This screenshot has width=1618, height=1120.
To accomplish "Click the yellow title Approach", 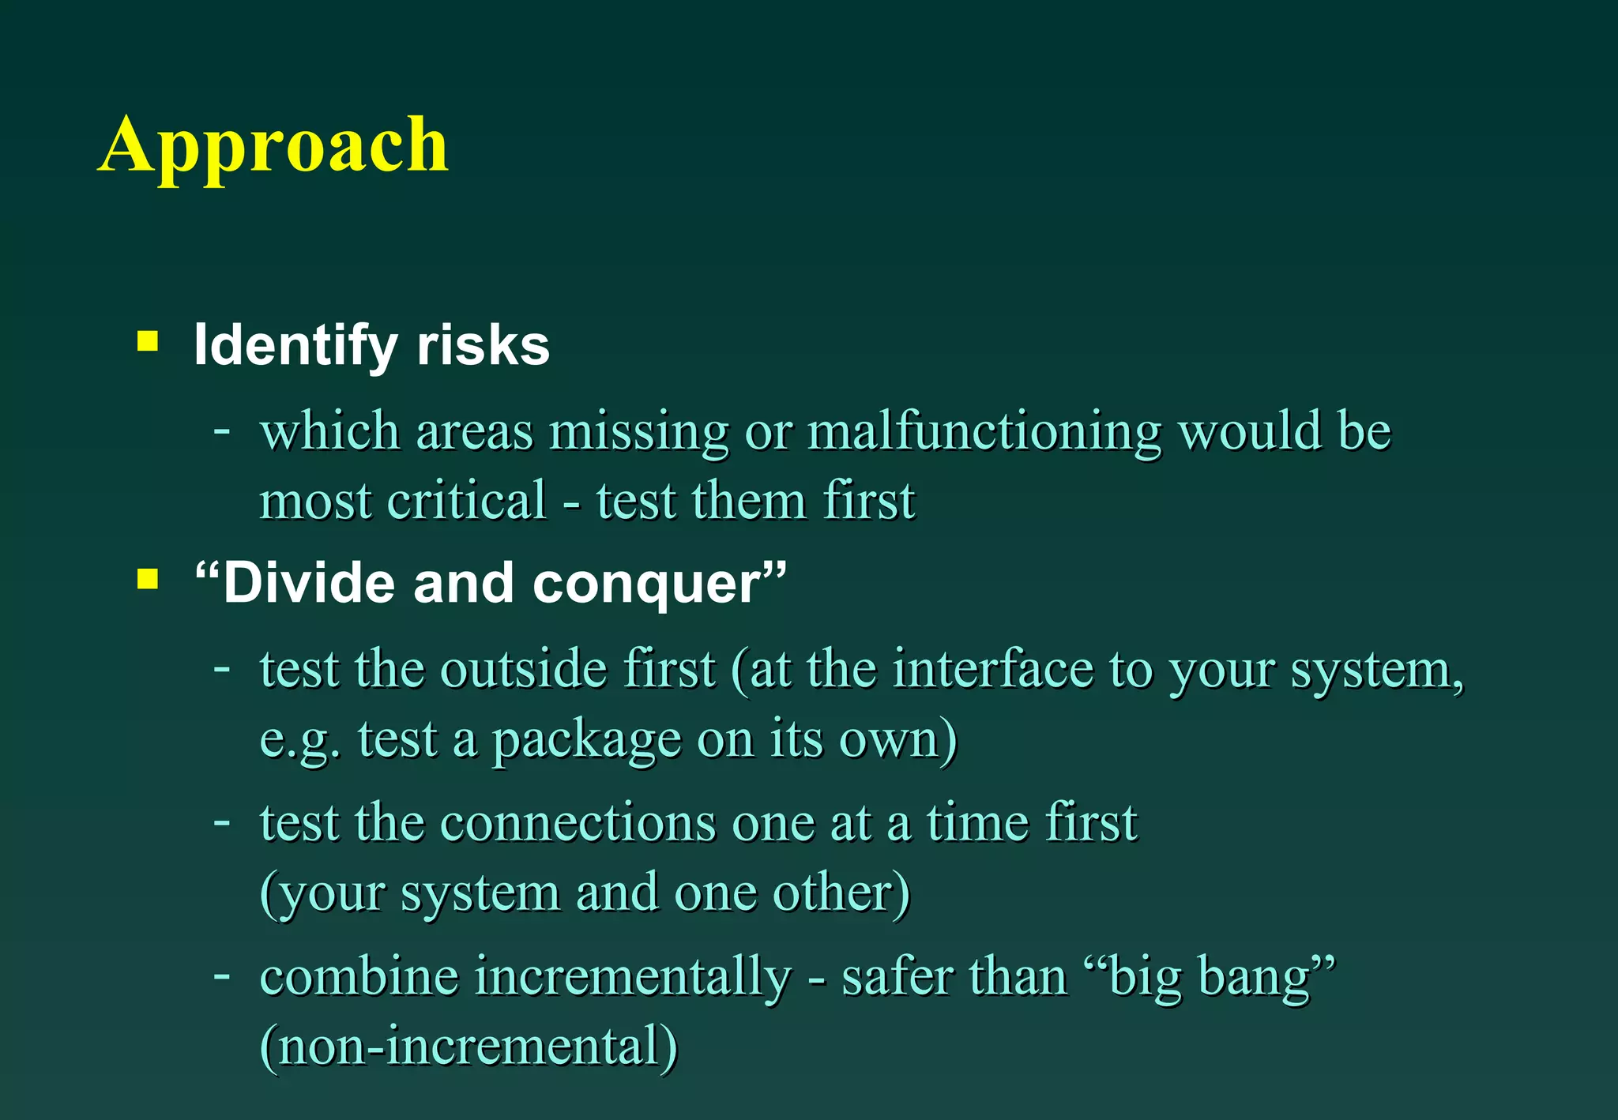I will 273,145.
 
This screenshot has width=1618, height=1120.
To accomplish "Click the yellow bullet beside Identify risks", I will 148,341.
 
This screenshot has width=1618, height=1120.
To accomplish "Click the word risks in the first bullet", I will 483,346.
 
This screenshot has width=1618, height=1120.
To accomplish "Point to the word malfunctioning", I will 984,433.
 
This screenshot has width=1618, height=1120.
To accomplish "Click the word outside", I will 523,670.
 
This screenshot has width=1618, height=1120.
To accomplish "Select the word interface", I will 993,670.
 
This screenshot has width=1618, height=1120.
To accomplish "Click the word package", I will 586,741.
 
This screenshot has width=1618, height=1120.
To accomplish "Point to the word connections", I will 578,823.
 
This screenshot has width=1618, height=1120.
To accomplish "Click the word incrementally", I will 632,976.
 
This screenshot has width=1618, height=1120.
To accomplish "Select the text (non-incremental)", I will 468,1046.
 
